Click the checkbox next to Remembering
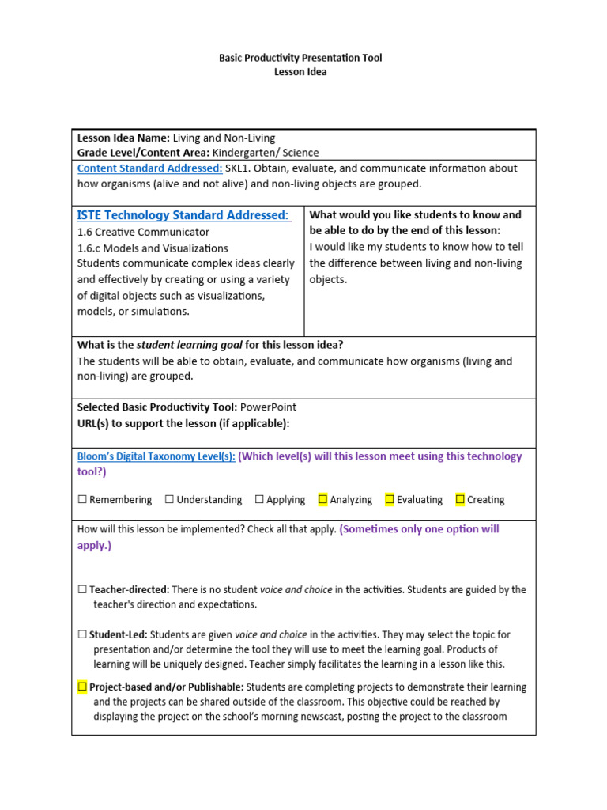[x=82, y=500]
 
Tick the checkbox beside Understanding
[x=169, y=500]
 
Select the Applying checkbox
[x=259, y=500]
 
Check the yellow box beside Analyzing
[x=322, y=499]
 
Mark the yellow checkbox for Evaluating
[x=390, y=499]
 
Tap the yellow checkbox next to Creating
[x=460, y=499]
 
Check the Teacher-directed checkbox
[x=82, y=590]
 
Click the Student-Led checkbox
[x=82, y=635]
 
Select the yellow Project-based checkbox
[x=82, y=687]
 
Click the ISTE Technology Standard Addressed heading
[x=183, y=215]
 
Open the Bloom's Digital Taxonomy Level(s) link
[x=156, y=456]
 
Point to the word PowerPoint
[x=268, y=407]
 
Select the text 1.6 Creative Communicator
[x=143, y=233]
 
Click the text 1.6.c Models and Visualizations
[x=153, y=248]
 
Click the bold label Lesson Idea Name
[x=123, y=138]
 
